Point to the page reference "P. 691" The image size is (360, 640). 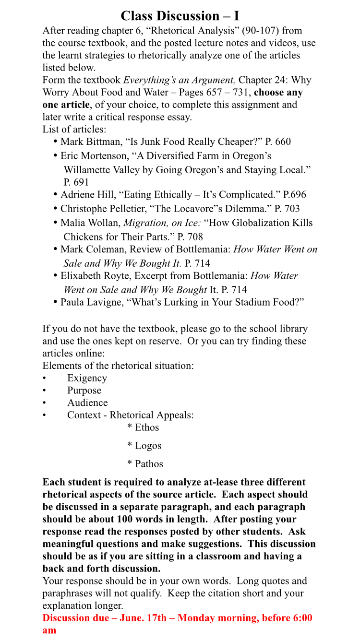point(76,182)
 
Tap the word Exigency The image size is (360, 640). point(87,378)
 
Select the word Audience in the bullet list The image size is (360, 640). point(87,403)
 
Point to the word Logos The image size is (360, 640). point(148,446)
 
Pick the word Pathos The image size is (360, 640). point(149,464)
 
